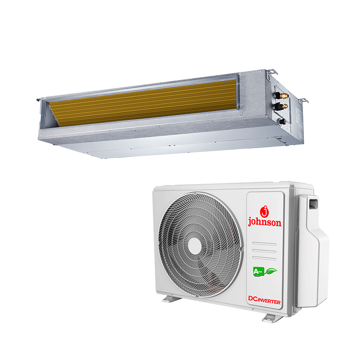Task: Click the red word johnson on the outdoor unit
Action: click(265, 222)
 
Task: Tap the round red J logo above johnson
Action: click(264, 211)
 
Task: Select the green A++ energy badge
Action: click(259, 272)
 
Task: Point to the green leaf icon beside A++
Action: click(271, 271)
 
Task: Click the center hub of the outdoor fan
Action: click(195, 246)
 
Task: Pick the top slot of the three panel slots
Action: click(264, 243)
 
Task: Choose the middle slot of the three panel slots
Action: click(264, 251)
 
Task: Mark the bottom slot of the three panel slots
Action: click(264, 258)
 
